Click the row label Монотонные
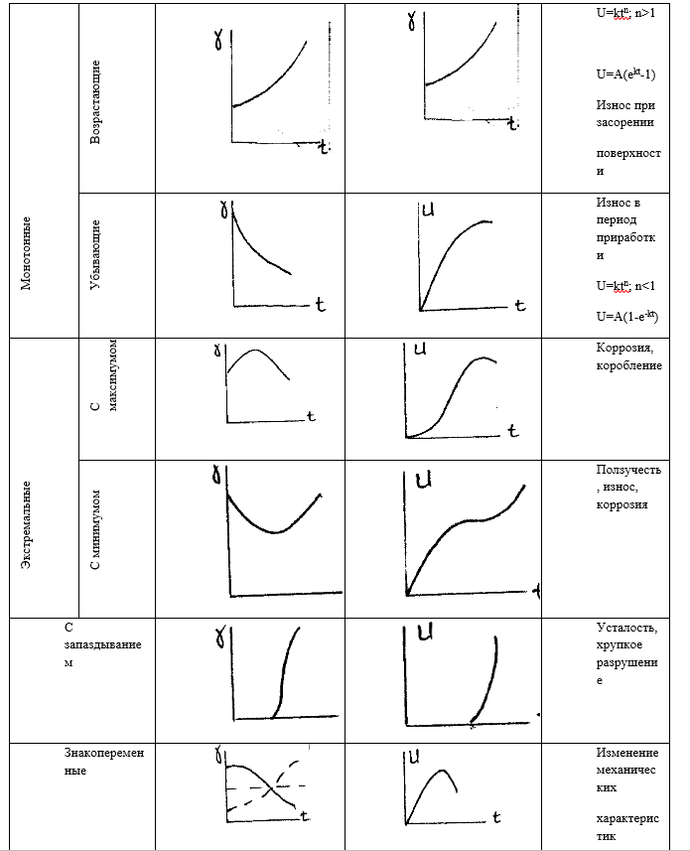point(26,253)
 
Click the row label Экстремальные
point(26,525)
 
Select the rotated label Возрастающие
point(95,101)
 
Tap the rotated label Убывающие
point(95,254)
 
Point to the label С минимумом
point(95,530)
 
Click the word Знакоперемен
point(104,753)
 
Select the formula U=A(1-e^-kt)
point(627,316)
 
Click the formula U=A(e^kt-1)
point(626,73)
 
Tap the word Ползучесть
point(628,470)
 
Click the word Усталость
point(627,628)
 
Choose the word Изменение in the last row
point(627,753)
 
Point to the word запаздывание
point(102,644)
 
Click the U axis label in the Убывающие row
point(428,210)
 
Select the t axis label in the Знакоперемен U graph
point(495,817)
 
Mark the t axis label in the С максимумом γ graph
point(311,417)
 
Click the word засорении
point(624,123)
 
